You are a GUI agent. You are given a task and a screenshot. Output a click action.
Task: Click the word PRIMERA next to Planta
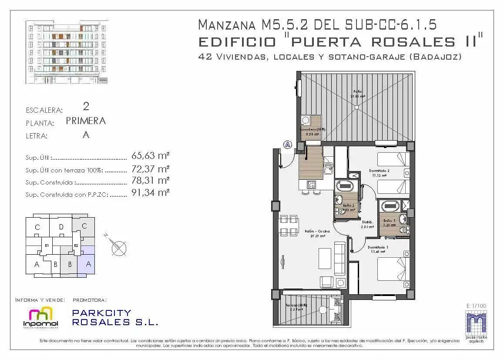(x=86, y=121)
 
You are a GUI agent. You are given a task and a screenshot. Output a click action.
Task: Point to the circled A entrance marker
(x=287, y=145)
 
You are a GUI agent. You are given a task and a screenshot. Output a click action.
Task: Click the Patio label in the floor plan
(x=357, y=91)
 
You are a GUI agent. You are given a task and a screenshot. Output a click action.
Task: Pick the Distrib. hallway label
(x=367, y=222)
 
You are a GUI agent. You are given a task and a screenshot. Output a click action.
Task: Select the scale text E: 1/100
(x=476, y=306)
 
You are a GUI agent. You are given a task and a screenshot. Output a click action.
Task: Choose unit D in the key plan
(x=61, y=227)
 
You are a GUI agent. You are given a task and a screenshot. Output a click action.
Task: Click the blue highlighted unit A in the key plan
(x=88, y=263)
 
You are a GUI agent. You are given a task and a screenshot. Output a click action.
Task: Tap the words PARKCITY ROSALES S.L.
(x=114, y=318)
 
